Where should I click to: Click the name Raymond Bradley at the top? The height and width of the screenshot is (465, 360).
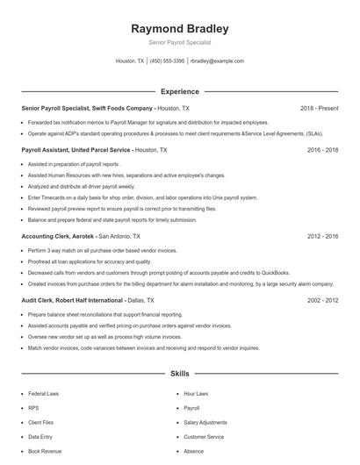[x=179, y=28]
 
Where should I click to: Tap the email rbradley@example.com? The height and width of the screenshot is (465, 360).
[x=217, y=61]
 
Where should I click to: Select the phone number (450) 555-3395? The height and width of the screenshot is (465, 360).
[x=167, y=61]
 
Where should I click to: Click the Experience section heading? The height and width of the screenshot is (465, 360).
[x=179, y=91]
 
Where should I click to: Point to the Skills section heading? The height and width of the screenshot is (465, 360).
[x=179, y=374]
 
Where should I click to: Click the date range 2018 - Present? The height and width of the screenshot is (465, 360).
[x=319, y=108]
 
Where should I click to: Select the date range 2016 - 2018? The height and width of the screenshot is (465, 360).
[x=322, y=150]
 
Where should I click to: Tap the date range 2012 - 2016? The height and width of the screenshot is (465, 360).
[x=322, y=236]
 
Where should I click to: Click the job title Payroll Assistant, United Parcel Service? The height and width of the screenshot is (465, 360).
[x=76, y=150]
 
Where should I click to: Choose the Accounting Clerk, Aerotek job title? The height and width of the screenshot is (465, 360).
[x=58, y=236]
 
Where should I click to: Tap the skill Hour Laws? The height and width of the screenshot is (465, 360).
[x=196, y=394]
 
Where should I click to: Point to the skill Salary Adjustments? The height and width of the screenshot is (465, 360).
[x=205, y=422]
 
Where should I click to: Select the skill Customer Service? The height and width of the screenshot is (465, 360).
[x=204, y=436]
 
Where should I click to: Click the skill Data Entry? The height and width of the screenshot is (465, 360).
[x=40, y=436]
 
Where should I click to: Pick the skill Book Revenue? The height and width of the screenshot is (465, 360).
[x=45, y=451]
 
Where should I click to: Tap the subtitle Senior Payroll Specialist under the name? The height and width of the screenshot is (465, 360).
[x=179, y=42]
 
